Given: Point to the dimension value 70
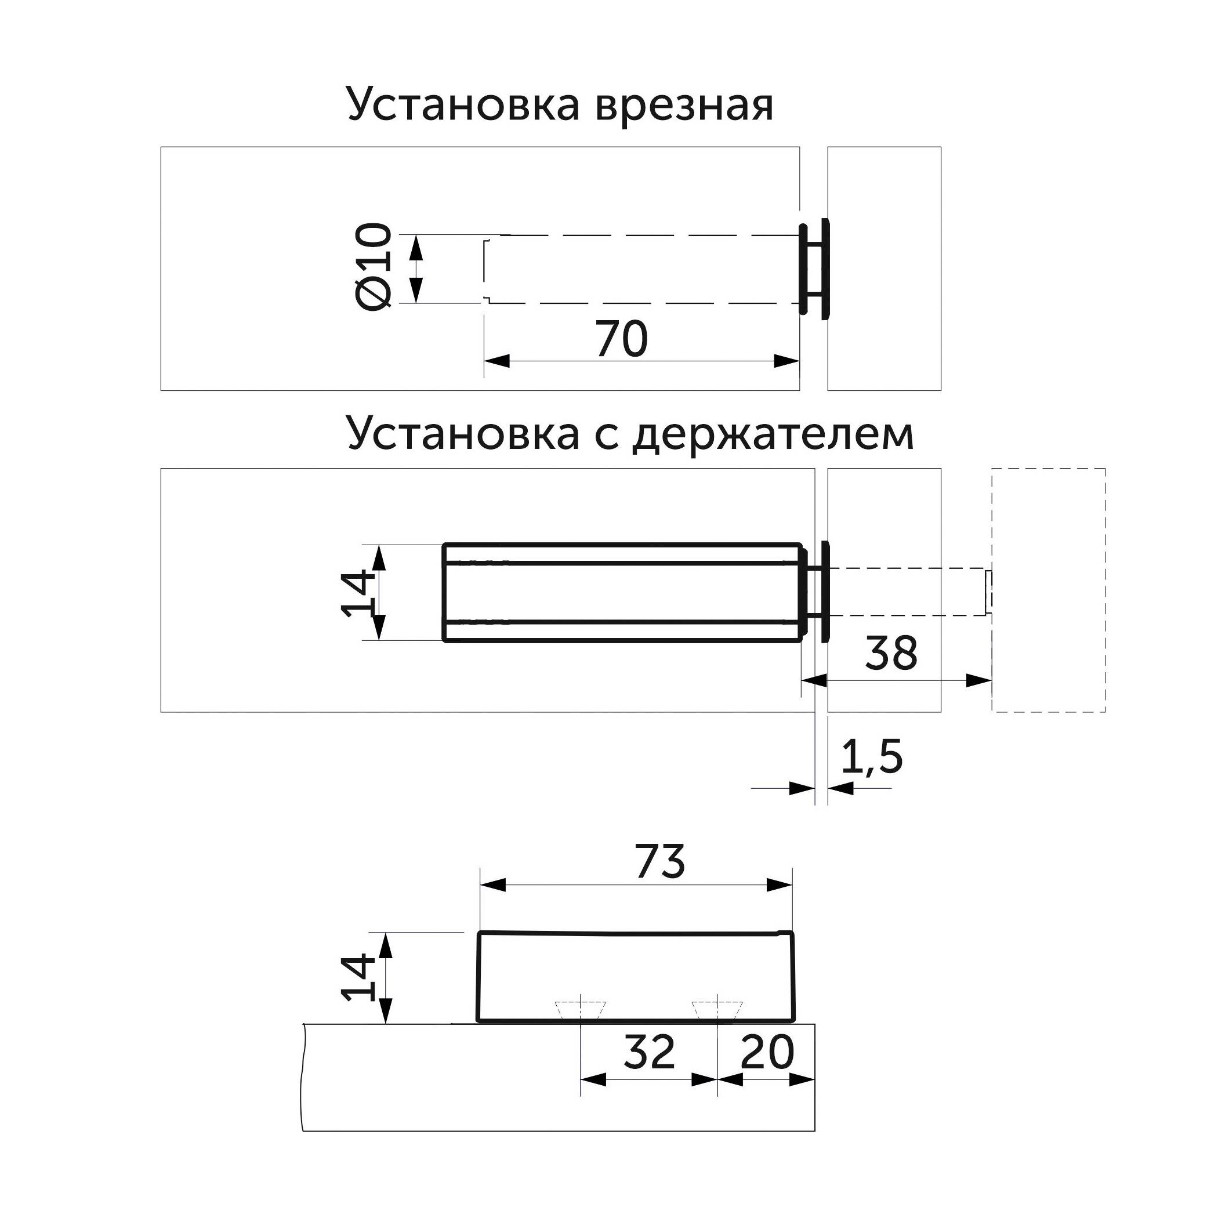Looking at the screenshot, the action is coord(622,339).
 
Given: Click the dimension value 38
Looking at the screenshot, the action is coord(891,652).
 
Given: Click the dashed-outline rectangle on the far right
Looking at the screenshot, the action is coord(1049,590).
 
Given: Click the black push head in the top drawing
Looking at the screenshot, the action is coord(814,269).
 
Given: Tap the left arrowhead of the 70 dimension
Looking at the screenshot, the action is coord(497,361).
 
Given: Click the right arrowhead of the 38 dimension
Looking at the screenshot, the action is coord(979,680).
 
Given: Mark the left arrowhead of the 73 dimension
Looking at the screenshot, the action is coord(493,885).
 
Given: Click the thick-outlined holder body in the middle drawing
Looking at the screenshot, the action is coord(623,593).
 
